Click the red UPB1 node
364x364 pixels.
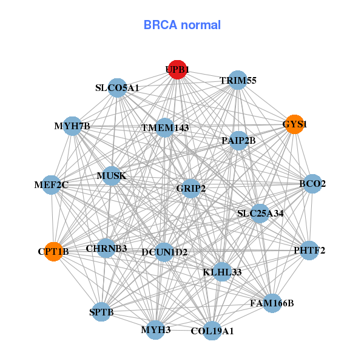[x=177, y=70]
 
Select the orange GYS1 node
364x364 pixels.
[x=294, y=124]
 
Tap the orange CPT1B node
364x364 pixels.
[x=54, y=251]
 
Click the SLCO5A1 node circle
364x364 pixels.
[x=117, y=88]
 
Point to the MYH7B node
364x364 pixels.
[x=72, y=126]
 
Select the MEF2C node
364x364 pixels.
[x=51, y=184]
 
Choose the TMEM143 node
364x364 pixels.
[x=165, y=128]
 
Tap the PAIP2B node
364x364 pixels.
[x=238, y=141]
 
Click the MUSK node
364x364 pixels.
[x=112, y=176]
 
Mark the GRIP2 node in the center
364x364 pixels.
[x=191, y=189]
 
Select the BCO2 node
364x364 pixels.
[x=312, y=184]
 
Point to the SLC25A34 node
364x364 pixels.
[x=260, y=213]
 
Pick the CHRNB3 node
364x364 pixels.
[x=106, y=248]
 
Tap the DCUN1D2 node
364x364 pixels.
[x=164, y=252]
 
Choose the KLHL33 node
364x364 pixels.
[x=222, y=272]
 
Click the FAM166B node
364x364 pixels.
[x=271, y=303]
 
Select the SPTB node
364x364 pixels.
[x=101, y=312]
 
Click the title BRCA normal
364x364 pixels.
[x=182, y=25]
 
